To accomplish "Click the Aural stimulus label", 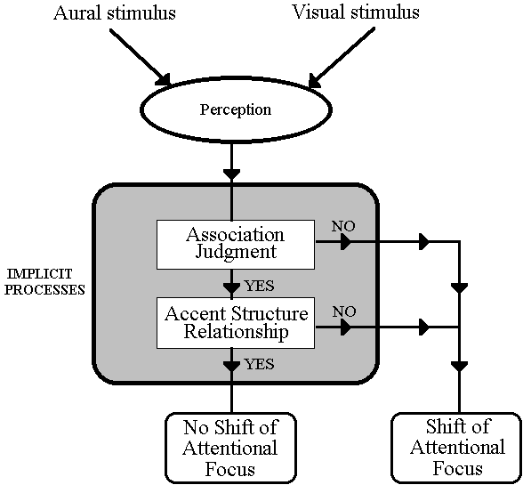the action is (x=115, y=13).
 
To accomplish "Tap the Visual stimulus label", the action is (x=356, y=12).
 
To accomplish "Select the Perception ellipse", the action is (x=237, y=109).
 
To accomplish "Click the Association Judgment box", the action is (x=236, y=245).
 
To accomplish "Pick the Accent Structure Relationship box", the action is (x=236, y=323).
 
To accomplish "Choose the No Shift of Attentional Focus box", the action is (x=231, y=448).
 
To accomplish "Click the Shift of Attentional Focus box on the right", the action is (x=457, y=448).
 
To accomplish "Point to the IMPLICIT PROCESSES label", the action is (x=44, y=282).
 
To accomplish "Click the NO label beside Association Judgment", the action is (x=343, y=226).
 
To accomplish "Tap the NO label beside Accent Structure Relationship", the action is (x=344, y=311).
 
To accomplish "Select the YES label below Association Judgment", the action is (x=260, y=286).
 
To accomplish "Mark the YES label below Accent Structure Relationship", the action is (x=260, y=364).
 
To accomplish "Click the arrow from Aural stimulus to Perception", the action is (x=141, y=57).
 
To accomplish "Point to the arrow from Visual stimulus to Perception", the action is (x=342, y=58).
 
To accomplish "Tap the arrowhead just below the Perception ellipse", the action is (x=231, y=174).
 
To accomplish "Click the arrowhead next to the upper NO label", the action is (x=346, y=241).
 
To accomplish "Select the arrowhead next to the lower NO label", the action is (x=346, y=327).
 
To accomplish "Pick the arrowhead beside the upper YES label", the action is (x=231, y=287).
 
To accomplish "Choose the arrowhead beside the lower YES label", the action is (x=231, y=366).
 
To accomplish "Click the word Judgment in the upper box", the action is (x=236, y=253).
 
